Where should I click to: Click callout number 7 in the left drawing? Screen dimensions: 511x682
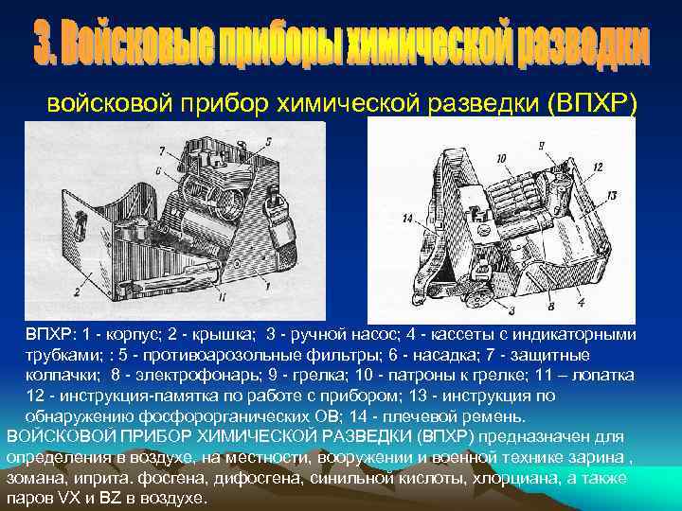162,150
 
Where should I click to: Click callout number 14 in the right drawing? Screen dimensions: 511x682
407,219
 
